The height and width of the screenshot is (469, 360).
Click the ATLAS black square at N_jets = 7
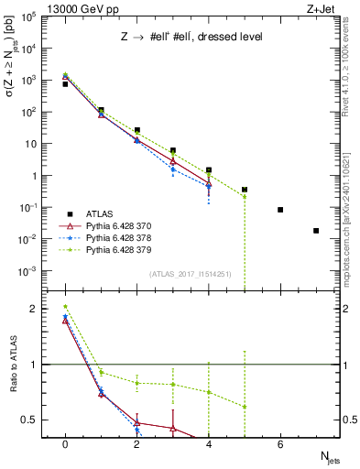(316, 231)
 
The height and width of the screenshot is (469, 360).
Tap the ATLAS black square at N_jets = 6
(280, 210)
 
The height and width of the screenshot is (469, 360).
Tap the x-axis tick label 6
(280, 444)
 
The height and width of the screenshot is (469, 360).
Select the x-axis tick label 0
(65, 444)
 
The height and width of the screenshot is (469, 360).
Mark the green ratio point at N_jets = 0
(65, 307)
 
